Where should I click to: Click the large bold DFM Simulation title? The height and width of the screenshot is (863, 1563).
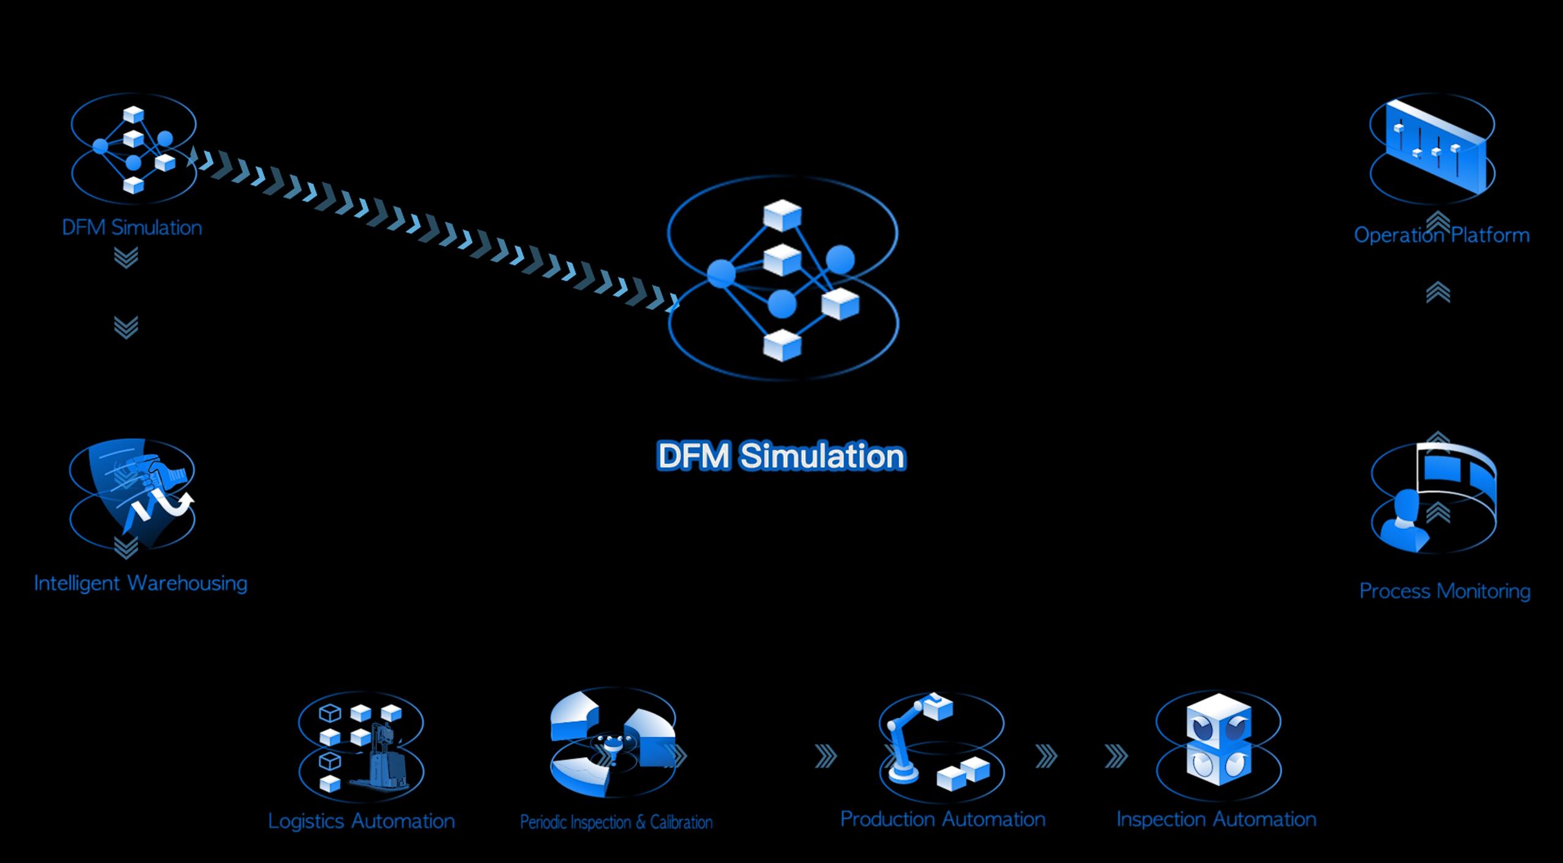click(x=781, y=456)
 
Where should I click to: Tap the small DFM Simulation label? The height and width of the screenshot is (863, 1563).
click(x=132, y=228)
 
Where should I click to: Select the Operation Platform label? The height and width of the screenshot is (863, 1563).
click(x=1442, y=235)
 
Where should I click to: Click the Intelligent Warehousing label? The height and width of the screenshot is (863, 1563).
click(x=140, y=583)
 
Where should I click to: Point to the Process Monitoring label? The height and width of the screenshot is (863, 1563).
click(x=1445, y=591)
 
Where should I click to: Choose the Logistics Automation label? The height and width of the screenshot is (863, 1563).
click(x=361, y=821)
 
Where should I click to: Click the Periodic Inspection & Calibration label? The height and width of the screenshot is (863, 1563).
click(x=616, y=822)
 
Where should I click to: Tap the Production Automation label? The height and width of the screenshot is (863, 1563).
click(x=942, y=819)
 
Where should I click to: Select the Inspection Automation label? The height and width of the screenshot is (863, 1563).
click(x=1216, y=819)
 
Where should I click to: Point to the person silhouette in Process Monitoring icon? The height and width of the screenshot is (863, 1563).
click(x=1405, y=520)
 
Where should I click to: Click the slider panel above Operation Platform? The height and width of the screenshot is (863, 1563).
click(x=1434, y=147)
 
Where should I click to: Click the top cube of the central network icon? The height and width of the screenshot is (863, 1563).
click(x=782, y=215)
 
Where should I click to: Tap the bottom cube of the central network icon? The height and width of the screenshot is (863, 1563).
click(x=782, y=345)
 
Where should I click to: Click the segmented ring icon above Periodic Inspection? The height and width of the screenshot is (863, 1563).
click(x=613, y=742)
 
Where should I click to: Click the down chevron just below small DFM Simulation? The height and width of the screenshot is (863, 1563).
click(x=126, y=257)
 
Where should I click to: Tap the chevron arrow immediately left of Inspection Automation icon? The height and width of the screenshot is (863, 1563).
click(x=1115, y=756)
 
